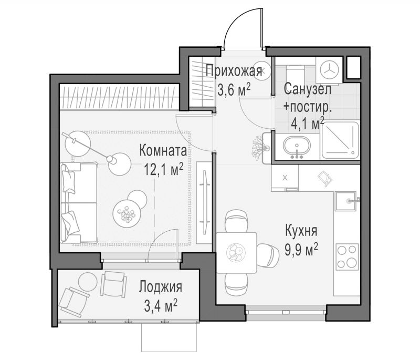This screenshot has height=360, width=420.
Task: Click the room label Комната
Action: click(x=163, y=151)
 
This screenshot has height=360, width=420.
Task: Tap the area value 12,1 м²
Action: click(x=163, y=169)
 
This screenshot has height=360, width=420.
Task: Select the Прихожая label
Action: click(x=234, y=71)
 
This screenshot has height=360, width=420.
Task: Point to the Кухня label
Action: click(x=301, y=231)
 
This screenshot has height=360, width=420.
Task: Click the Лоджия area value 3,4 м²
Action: click(x=161, y=306)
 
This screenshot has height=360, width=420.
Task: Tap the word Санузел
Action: click(x=308, y=89)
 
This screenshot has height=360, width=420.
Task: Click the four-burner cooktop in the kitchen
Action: click(x=348, y=257)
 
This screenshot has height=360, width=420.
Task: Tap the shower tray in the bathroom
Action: click(x=340, y=140)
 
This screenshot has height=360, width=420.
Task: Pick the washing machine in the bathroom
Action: click(x=329, y=70)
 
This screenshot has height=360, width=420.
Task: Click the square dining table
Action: click(x=237, y=252)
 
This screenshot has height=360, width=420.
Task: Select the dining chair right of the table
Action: click(x=268, y=254)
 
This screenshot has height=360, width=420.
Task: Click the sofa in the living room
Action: click(x=78, y=202)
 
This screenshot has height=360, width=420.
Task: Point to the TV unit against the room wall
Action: click(x=204, y=202)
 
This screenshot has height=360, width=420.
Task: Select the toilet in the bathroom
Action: click(x=295, y=75)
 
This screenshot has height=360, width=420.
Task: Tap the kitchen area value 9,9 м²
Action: click(x=301, y=249)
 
